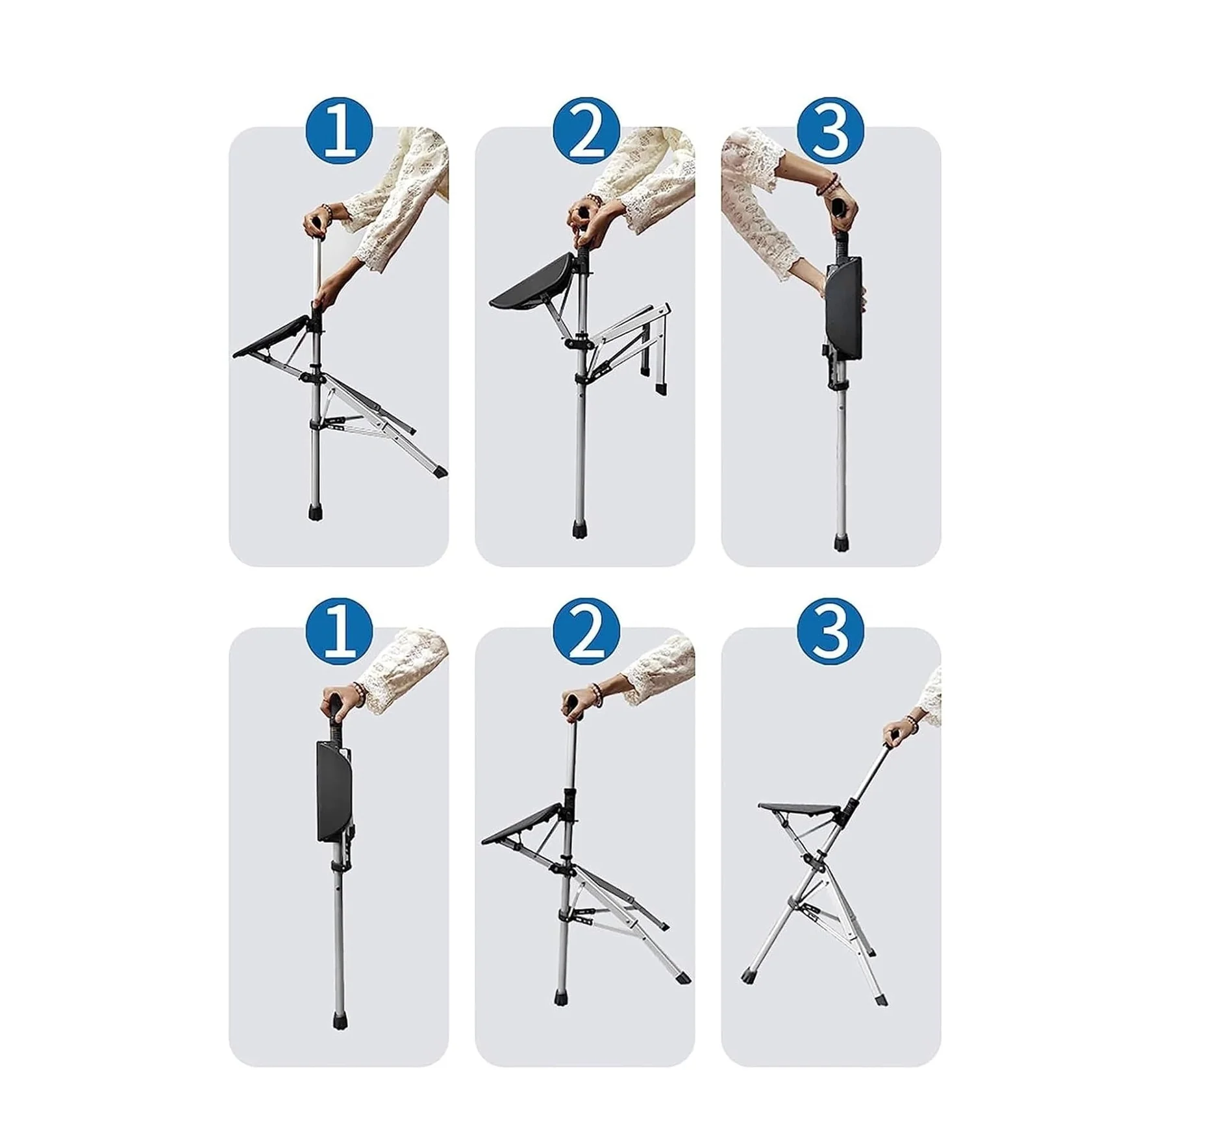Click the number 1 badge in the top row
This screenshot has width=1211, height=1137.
coord(339,131)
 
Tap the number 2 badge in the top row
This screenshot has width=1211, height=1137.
coord(585,131)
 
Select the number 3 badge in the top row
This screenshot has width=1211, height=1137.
coord(831,131)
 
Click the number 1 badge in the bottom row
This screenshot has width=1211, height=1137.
coord(339,631)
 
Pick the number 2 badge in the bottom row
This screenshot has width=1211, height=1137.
coord(585,631)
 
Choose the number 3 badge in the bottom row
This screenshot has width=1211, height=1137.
coord(831,631)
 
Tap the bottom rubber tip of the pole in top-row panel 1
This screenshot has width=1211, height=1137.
coord(316,513)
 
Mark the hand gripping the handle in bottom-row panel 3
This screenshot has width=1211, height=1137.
coord(894,732)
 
